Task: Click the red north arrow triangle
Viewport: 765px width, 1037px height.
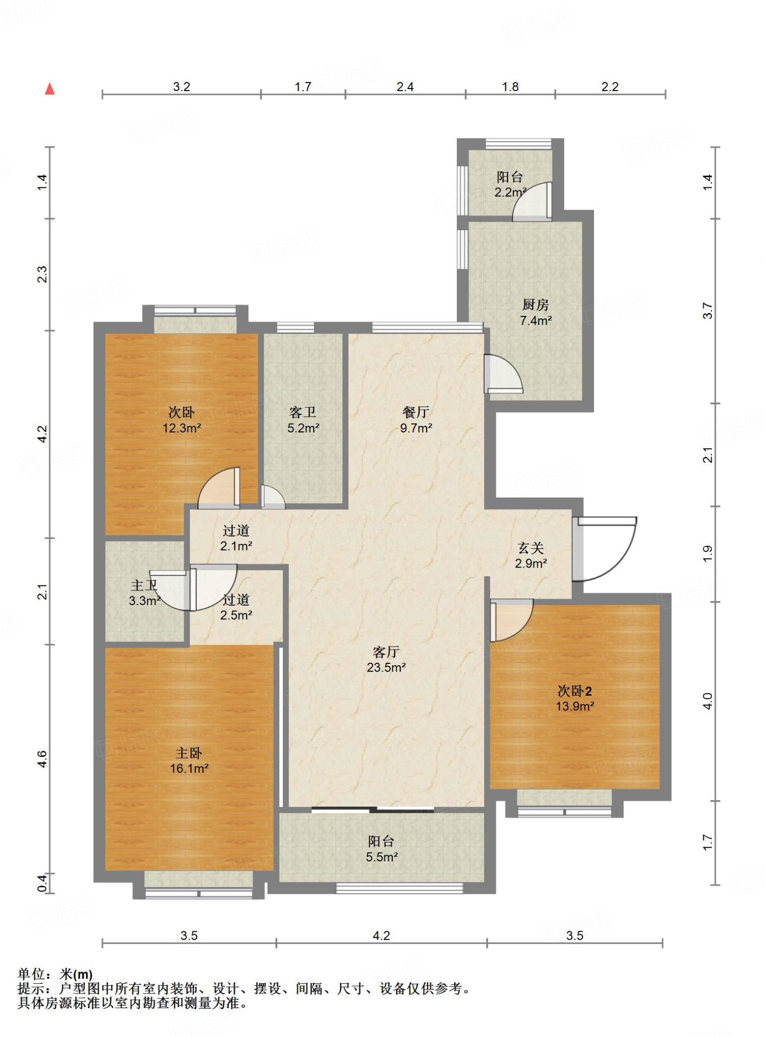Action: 50,89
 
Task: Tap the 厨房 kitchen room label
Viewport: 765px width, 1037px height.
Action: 536,312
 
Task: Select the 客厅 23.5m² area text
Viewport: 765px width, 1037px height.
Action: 386,660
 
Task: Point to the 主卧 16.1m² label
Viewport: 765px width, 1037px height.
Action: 189,761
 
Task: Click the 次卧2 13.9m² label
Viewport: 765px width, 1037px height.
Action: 575,698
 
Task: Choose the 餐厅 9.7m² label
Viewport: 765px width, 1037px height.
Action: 416,420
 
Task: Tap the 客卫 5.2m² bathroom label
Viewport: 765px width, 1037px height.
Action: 303,420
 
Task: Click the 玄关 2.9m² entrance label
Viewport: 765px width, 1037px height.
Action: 531,555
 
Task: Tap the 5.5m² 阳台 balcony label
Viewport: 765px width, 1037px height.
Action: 381,849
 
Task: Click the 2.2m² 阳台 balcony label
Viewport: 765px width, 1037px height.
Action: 510,184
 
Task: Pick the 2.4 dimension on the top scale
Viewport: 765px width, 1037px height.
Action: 405,87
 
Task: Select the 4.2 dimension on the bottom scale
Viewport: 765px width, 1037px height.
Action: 381,935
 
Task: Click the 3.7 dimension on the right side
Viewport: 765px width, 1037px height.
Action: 707,310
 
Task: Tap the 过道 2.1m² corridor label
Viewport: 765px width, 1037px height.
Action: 236,538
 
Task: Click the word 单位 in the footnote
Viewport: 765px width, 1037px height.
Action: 31,974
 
